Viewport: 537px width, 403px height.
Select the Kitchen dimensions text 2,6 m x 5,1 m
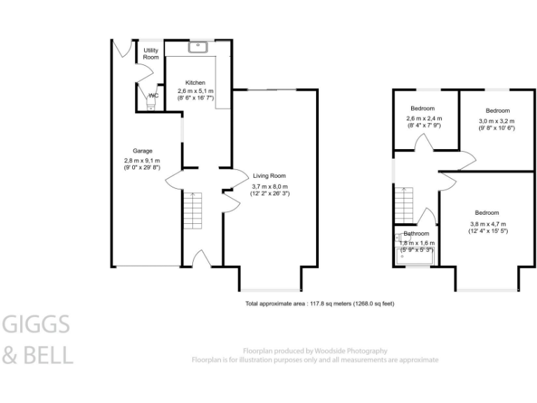point(195,91)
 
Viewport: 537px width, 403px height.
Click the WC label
point(153,95)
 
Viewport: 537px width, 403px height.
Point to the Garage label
point(143,151)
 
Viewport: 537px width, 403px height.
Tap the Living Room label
point(269,176)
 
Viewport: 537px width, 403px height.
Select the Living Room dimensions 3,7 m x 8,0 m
point(270,185)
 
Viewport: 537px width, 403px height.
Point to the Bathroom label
point(416,234)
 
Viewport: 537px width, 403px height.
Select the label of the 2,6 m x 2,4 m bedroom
point(422,108)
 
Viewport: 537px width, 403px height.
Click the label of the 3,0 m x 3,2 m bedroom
point(498,111)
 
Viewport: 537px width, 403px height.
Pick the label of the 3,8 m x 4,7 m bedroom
point(487,213)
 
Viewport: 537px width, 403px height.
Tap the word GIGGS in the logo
point(36,325)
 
